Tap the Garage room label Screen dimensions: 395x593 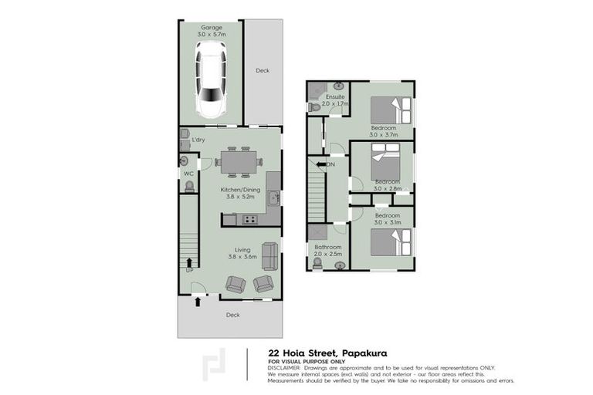pyautogui.click(x=212, y=28)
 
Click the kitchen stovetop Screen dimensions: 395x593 pyautogui.click(x=250, y=220)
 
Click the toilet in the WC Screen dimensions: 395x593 pyautogui.click(x=185, y=160)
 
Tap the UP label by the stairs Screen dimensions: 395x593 pyautogui.click(x=189, y=270)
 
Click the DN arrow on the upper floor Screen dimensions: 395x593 pyautogui.click(x=321, y=164)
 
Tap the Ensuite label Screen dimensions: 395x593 pyautogui.click(x=335, y=96)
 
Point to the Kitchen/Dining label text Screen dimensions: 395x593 pyautogui.click(x=240, y=190)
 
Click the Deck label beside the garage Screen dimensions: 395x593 pyautogui.click(x=263, y=70)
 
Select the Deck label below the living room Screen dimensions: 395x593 pyautogui.click(x=232, y=315)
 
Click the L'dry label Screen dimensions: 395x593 pyautogui.click(x=198, y=140)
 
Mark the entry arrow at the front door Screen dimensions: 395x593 pyautogui.click(x=199, y=302)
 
